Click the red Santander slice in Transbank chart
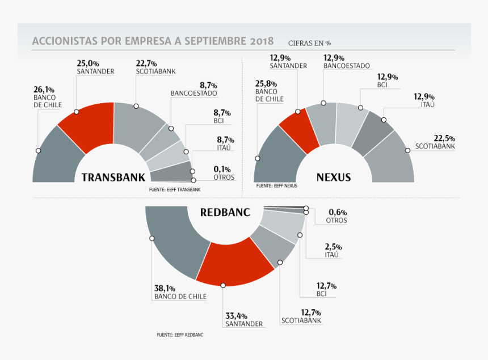(85, 128)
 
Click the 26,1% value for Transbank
(44, 90)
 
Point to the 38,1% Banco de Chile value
(164, 288)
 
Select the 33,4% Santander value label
(235, 316)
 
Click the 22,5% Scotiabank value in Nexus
(444, 138)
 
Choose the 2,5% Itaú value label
(333, 247)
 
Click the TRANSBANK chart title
(113, 177)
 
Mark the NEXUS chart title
(333, 177)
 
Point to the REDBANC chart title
(225, 213)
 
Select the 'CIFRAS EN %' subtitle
(309, 43)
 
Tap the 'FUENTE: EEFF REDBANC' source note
(180, 335)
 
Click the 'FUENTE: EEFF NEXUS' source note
(276, 186)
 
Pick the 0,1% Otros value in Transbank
(224, 169)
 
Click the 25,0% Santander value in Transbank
(88, 63)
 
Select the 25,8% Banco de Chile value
(266, 83)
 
